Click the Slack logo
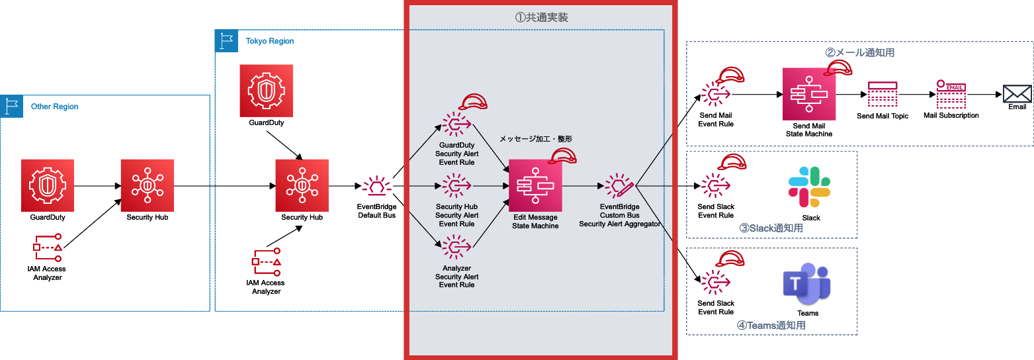pos(809,187)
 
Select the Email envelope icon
pos(1017,93)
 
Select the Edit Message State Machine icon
pos(535,186)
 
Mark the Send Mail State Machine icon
pos(808,94)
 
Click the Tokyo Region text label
pos(270,41)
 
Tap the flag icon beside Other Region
pos(11,106)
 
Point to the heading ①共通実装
pos(541,18)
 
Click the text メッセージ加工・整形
pos(535,139)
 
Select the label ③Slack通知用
pos(771,228)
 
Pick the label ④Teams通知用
pos(771,325)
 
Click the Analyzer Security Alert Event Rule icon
pos(456,248)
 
